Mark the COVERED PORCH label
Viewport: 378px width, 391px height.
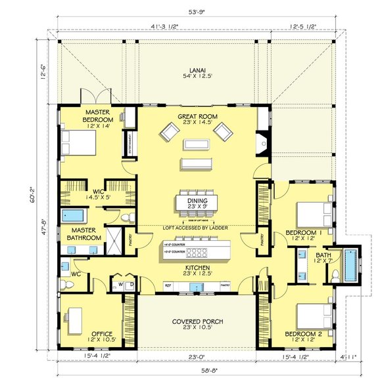tap(197, 321)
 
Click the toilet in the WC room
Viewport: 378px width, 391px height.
tap(68, 284)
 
